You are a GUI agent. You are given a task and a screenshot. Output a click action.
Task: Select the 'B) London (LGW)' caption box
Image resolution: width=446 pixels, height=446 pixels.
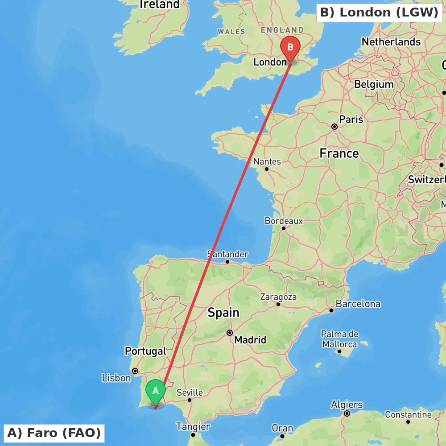379,12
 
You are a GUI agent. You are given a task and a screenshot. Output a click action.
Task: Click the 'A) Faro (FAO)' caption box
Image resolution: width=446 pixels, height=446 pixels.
54,433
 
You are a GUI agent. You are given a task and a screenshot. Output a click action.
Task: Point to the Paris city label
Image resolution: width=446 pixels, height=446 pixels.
351,120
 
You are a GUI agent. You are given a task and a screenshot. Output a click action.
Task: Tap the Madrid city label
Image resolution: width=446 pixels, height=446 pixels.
250,340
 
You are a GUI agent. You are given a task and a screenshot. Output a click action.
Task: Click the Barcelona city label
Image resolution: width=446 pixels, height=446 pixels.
358,304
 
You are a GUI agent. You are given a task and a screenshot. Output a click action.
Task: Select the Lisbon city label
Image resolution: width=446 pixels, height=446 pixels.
116,378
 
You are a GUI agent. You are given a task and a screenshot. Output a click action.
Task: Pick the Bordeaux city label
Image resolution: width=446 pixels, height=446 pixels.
284,221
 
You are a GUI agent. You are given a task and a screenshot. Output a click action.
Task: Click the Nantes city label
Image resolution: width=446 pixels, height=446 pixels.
267,161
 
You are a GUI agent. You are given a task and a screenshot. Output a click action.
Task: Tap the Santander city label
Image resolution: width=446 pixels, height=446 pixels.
227,254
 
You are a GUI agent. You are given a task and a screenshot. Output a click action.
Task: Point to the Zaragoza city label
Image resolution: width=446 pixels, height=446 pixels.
278,297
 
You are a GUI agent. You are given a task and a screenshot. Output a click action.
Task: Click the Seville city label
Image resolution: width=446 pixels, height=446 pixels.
190,393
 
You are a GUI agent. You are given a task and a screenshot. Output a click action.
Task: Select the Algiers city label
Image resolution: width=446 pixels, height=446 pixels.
347,405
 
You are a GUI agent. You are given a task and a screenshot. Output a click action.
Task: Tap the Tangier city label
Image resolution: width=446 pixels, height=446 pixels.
193,427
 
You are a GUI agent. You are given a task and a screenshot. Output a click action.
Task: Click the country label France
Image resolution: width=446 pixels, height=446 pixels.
339,154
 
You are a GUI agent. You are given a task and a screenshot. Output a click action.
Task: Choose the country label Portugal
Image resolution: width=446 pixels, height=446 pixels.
145,351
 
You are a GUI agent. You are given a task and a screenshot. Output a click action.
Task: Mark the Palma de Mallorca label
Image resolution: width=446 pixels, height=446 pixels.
339,339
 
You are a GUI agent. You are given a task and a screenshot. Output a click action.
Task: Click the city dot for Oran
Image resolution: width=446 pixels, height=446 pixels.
282,436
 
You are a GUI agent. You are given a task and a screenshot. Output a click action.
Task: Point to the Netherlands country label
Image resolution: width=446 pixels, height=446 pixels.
391,42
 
